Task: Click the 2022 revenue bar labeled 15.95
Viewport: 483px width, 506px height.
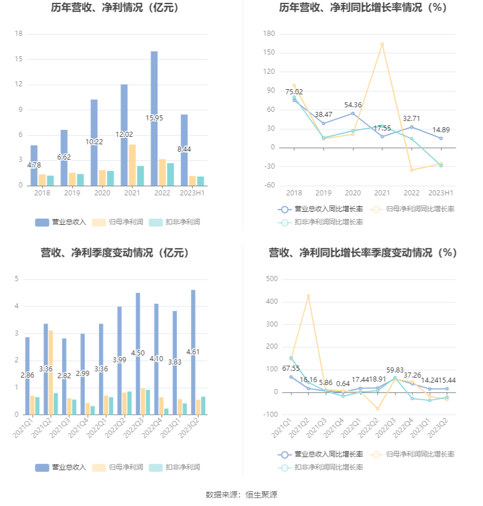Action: pos(154,91)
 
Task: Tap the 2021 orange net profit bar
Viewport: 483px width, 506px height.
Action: pos(132,165)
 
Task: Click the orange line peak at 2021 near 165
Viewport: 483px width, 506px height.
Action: pos(382,44)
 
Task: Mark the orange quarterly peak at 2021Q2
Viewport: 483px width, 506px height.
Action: pos(309,296)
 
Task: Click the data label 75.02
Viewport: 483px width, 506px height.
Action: pos(294,92)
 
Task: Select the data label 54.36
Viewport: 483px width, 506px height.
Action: pos(352,105)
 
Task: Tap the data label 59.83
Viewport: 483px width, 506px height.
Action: pos(394,370)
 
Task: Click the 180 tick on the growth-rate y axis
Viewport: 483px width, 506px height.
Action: pos(269,34)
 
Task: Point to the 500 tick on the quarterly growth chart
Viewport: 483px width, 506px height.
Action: pos(270,279)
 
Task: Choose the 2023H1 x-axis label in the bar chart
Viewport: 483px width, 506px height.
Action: pos(192,193)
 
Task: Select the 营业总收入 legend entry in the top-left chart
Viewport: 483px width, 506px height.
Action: pos(61,222)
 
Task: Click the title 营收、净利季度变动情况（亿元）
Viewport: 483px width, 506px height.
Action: pos(115,253)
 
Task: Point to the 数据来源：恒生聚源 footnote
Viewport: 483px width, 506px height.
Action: pos(241,495)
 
